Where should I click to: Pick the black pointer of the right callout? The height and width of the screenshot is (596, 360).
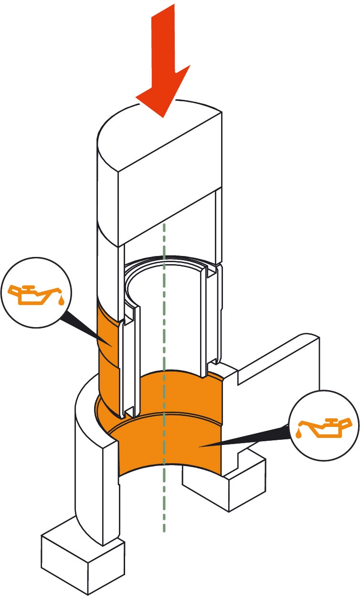248,438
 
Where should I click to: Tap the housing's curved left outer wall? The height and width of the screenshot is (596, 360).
88,468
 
